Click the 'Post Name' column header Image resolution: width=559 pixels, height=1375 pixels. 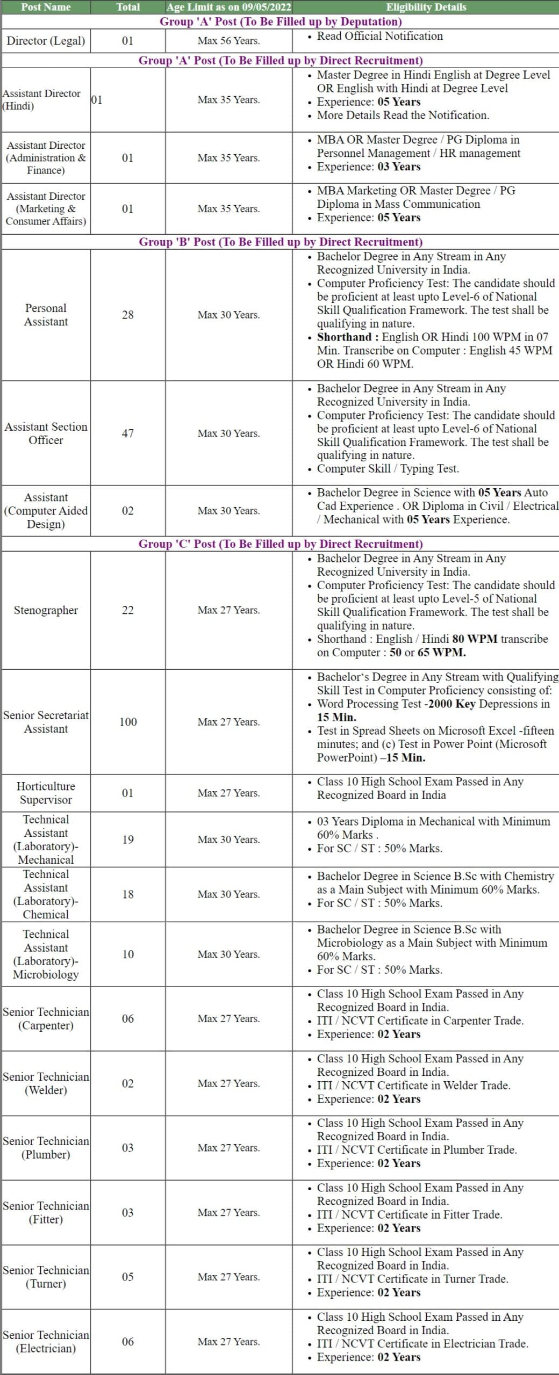coord(46,7)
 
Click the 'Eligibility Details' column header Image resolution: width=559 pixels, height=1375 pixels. coord(426,7)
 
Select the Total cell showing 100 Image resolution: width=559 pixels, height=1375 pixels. coord(128,722)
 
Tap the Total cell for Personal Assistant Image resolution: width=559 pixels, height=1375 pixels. coord(128,315)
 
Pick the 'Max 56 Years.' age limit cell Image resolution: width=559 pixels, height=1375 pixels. coord(228,41)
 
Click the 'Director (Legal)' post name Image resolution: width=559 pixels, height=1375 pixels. coord(46,41)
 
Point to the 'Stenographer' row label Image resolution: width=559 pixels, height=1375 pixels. coord(46,610)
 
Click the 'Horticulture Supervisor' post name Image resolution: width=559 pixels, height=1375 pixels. coord(46,793)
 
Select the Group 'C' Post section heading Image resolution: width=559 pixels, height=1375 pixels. coord(281,544)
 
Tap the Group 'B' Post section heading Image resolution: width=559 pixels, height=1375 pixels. coord(281,242)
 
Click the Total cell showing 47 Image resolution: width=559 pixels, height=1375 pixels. coord(128,433)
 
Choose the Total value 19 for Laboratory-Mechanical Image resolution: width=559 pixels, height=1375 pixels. coord(128,840)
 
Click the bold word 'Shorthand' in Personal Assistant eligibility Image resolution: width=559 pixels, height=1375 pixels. coord(344,337)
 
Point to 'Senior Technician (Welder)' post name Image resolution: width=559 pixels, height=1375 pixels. coord(46,1083)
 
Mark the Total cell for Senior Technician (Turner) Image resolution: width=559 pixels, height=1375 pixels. coord(128,1277)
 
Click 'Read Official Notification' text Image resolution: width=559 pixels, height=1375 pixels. coord(379,36)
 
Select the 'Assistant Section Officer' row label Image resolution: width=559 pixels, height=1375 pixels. coord(46,433)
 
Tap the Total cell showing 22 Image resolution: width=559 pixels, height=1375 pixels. coord(128,610)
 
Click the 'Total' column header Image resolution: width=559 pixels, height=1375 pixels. coord(128,7)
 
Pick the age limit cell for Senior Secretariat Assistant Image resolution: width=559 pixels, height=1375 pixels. coord(228,722)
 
